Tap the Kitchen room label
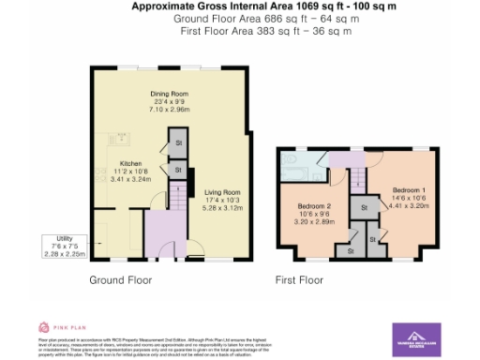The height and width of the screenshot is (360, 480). [130, 162]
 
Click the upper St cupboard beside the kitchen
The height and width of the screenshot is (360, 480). [177, 143]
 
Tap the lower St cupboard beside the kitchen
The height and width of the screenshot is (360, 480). [177, 169]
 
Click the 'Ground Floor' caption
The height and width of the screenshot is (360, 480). [120, 279]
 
